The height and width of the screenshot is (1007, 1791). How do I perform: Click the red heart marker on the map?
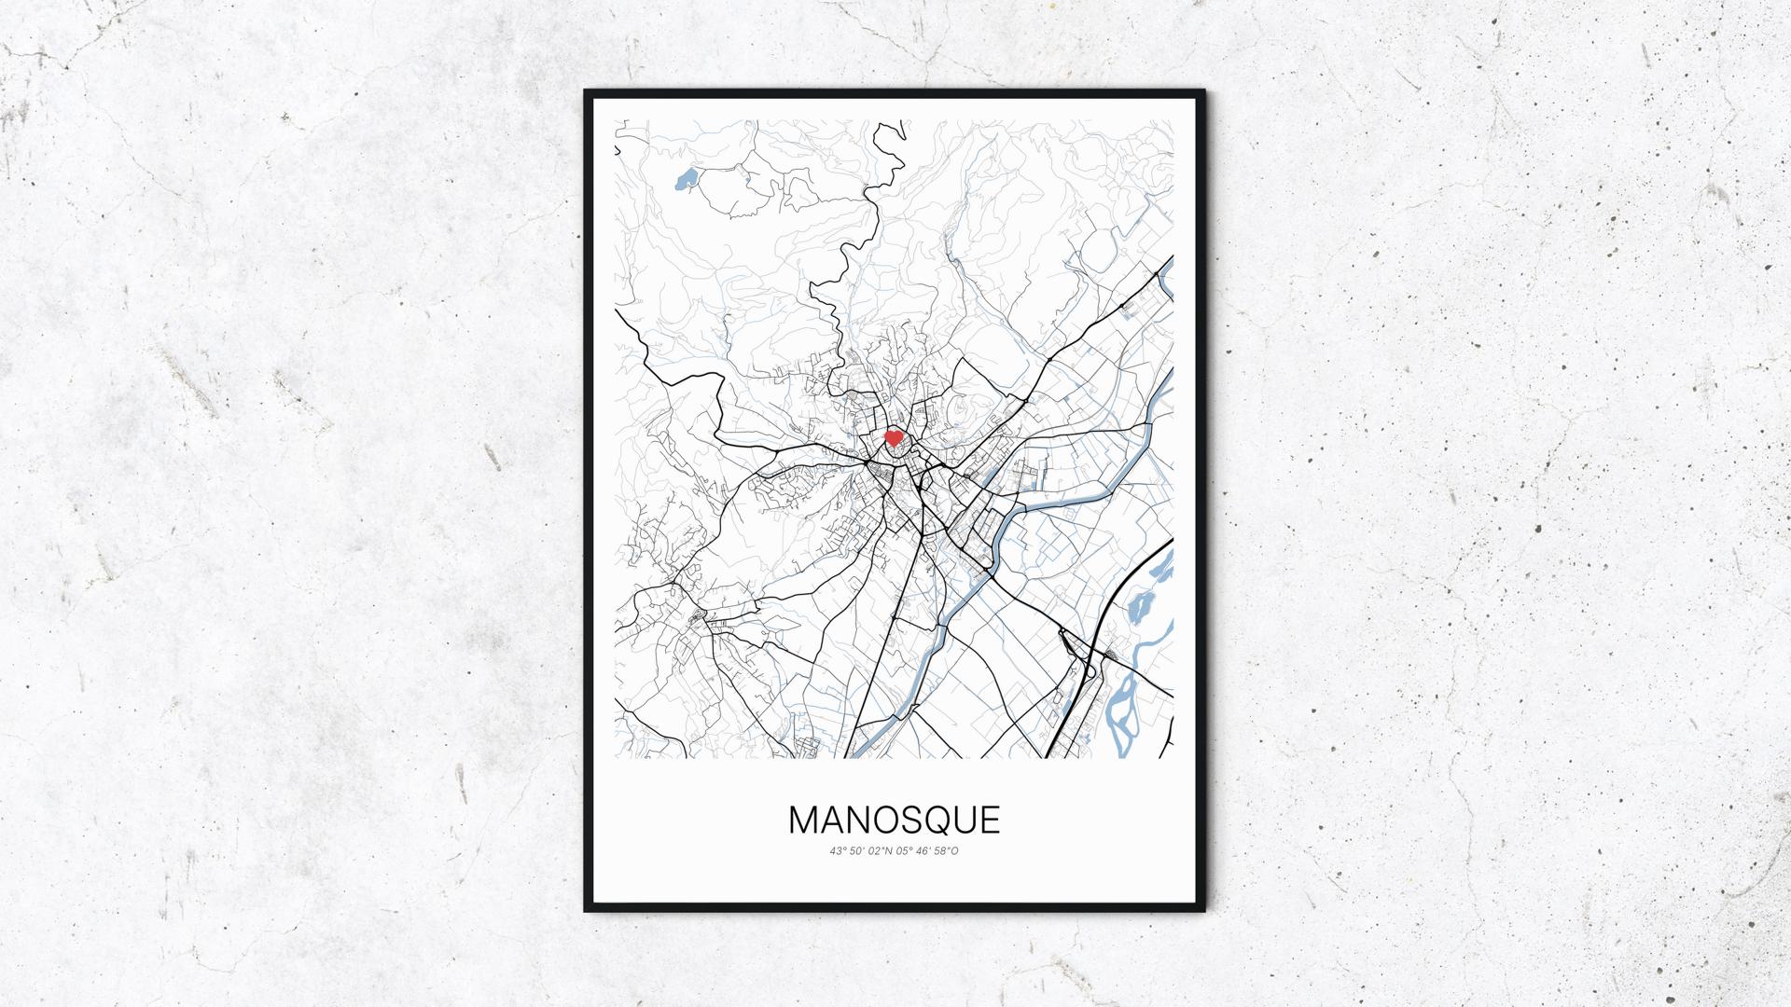(x=893, y=437)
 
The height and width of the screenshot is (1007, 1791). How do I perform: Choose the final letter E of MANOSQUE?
(x=993, y=821)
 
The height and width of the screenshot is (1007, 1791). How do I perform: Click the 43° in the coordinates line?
(x=836, y=850)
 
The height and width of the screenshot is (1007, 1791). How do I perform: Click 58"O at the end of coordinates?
(x=948, y=850)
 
